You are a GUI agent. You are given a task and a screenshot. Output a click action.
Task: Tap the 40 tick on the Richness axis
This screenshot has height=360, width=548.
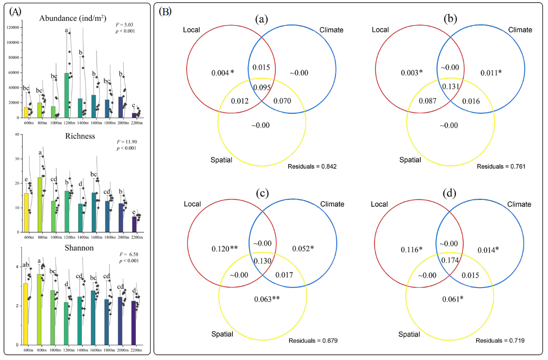[x=18, y=134]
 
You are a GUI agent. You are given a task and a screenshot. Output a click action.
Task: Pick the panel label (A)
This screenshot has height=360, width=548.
[x=15, y=12]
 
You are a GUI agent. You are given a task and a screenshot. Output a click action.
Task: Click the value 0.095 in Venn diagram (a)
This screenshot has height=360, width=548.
[x=262, y=87]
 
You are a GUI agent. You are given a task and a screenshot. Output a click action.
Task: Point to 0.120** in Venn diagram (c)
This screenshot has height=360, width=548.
[x=223, y=249]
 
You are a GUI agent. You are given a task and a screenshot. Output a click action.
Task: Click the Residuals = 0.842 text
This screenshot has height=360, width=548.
[x=313, y=166]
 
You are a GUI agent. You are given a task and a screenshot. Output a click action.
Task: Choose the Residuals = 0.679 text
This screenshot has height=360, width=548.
[x=313, y=341]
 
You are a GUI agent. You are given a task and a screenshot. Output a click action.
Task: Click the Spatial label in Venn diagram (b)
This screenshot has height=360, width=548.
[x=409, y=160]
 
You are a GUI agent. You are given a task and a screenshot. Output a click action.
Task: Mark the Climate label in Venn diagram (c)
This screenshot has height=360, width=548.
[x=332, y=204]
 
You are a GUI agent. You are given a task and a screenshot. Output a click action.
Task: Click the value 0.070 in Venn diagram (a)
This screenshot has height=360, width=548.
[x=282, y=101]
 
